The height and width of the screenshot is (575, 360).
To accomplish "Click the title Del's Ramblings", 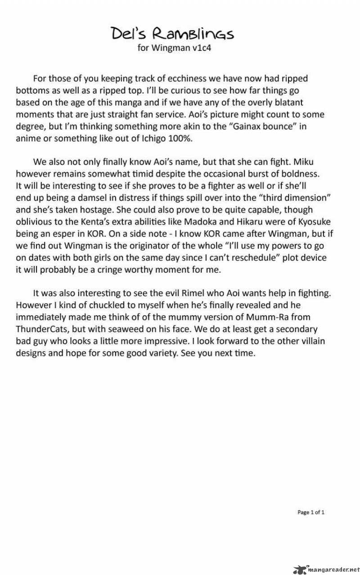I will pos(172,33).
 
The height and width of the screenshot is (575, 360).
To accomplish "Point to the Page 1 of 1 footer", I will pos(311,512).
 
